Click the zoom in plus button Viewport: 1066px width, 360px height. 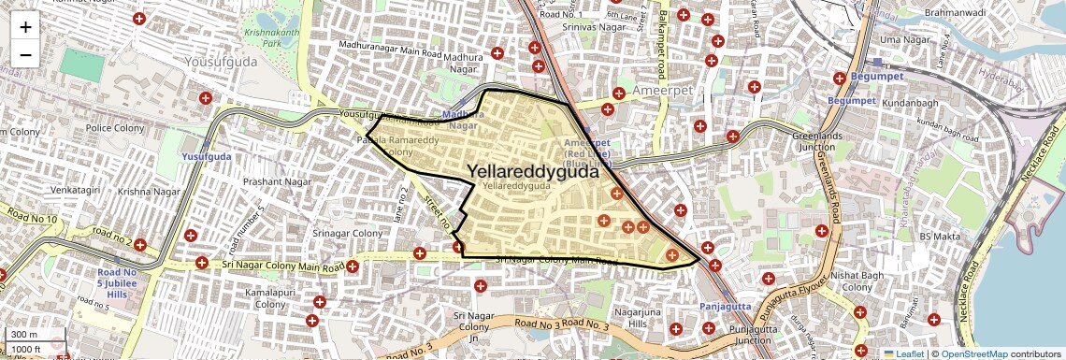[x=25, y=27]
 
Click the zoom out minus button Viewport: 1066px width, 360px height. [x=25, y=54]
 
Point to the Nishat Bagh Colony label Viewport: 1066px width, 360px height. [x=857, y=281]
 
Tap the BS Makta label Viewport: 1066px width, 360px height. [x=940, y=237]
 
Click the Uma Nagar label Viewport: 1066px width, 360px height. [x=903, y=40]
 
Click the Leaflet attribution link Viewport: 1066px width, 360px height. [x=903, y=353]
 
